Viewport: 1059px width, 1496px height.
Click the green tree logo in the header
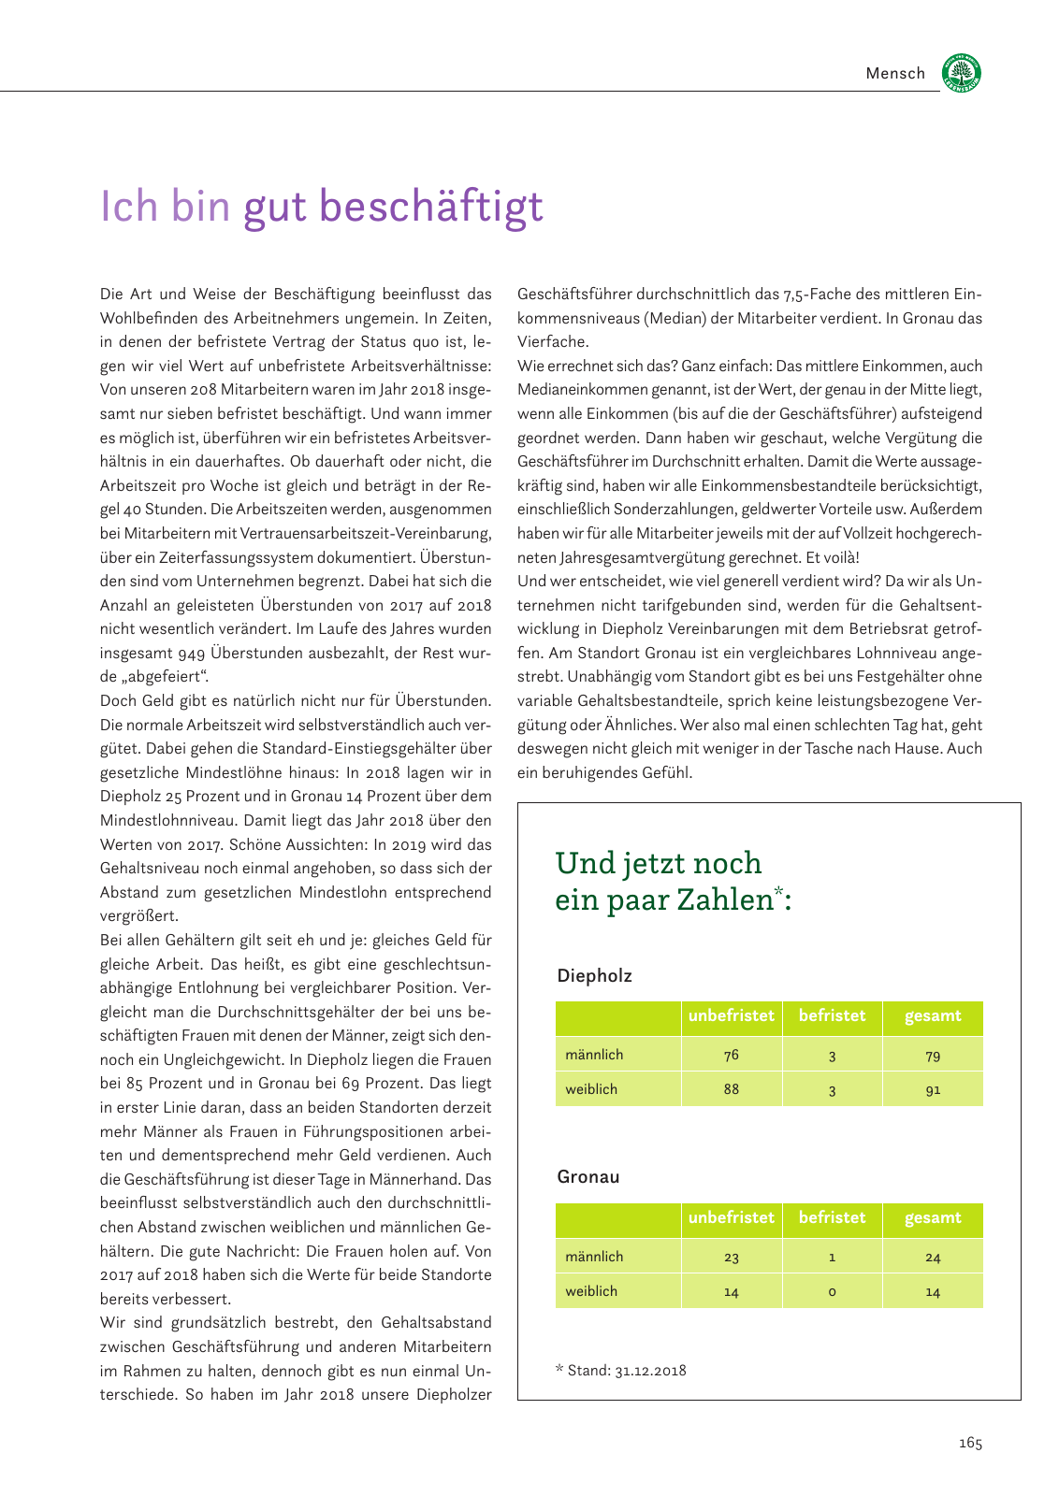click(962, 72)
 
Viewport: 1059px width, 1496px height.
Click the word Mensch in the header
click(895, 73)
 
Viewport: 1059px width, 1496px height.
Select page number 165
click(970, 1443)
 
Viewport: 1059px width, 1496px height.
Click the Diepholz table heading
click(594, 975)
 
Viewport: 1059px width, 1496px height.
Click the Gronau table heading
click(588, 1176)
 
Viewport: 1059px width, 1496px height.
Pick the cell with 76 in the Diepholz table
click(732, 1055)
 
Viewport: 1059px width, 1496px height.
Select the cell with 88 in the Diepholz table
click(732, 1089)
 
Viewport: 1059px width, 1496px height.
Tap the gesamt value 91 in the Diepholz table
click(933, 1089)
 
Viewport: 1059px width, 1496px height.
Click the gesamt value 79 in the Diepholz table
click(933, 1056)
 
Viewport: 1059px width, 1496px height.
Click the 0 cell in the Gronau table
click(832, 1291)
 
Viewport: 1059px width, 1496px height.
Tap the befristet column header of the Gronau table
click(832, 1217)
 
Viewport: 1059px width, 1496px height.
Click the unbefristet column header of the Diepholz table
click(732, 1015)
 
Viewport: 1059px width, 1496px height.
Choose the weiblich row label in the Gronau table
click(591, 1291)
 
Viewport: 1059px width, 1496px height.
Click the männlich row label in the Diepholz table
click(594, 1055)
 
